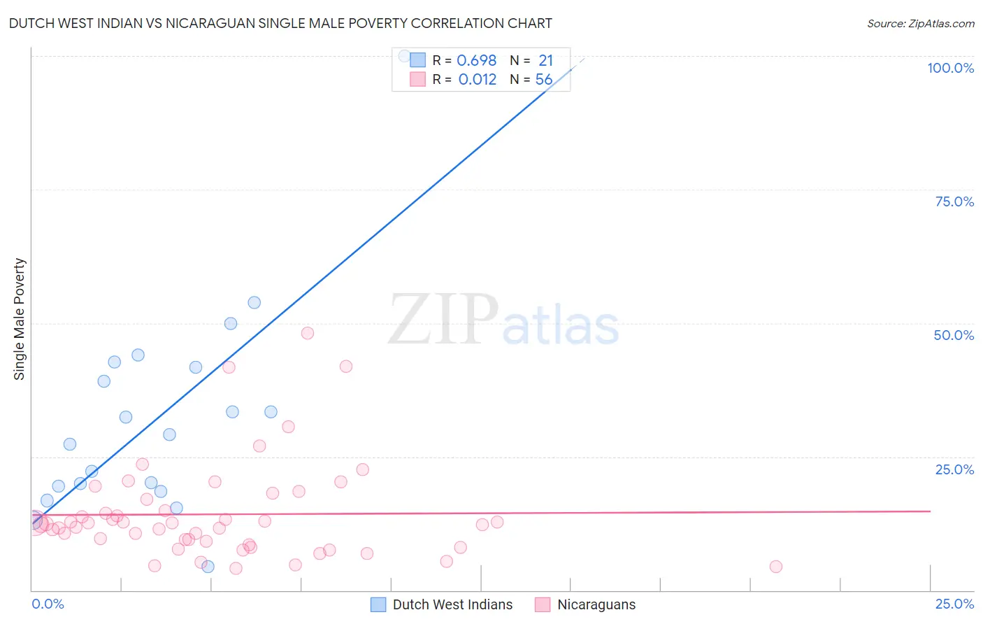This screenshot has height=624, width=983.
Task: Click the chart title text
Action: point(280,23)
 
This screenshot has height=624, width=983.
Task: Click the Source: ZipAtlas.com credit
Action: point(920,23)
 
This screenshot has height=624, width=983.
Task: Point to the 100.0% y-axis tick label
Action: point(950,68)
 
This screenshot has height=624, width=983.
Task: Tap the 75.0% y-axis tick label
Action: point(954,201)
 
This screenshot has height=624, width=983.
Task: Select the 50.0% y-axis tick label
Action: point(954,335)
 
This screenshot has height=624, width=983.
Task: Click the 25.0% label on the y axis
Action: point(954,469)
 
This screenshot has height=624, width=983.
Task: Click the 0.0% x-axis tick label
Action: point(48,604)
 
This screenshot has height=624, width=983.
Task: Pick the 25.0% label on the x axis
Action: point(954,604)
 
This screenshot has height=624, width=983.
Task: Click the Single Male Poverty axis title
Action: point(20,319)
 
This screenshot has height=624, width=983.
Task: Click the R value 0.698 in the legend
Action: point(476,61)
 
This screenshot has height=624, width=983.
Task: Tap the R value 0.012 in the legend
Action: point(477,80)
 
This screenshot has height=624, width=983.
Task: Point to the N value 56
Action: point(544,80)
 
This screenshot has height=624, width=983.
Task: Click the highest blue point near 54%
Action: point(254,302)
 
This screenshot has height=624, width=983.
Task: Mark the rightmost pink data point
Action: point(775,567)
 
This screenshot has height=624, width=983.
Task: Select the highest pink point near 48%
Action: point(307,333)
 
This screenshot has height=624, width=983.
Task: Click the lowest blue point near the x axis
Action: point(208,567)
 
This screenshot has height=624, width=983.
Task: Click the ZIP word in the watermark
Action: point(443,320)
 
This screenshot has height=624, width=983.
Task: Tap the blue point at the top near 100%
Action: point(404,55)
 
